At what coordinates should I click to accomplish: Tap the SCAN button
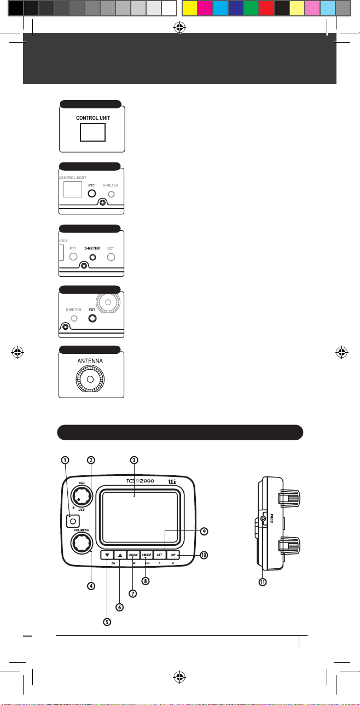tap(133, 554)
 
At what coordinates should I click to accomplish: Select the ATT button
tap(160, 554)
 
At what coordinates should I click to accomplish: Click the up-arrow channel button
tap(120, 554)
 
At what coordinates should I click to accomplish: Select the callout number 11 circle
tap(263, 583)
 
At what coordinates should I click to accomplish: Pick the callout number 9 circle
tap(204, 531)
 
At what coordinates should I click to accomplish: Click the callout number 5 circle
tap(107, 622)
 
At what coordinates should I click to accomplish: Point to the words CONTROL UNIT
tap(91, 117)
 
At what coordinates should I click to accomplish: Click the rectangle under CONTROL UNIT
tap(91, 132)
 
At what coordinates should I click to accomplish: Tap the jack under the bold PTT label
tap(92, 194)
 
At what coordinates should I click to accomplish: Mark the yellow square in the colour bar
tap(190, 8)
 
